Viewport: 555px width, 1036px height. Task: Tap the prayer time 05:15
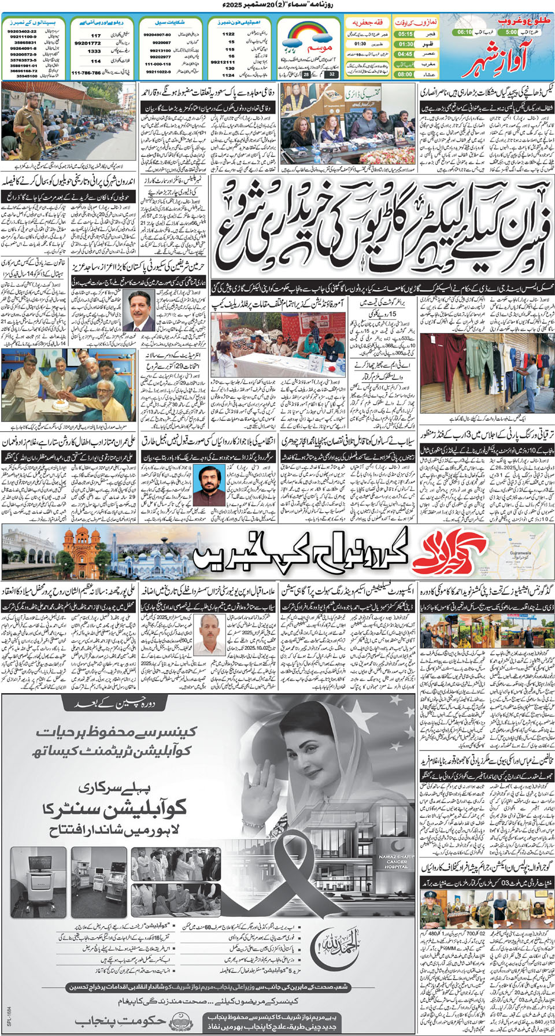click(405, 34)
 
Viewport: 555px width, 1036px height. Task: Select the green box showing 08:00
click(405, 74)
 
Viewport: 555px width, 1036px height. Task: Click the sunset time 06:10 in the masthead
click(464, 32)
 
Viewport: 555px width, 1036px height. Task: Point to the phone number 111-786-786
click(86, 73)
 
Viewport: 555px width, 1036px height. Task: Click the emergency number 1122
click(228, 34)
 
